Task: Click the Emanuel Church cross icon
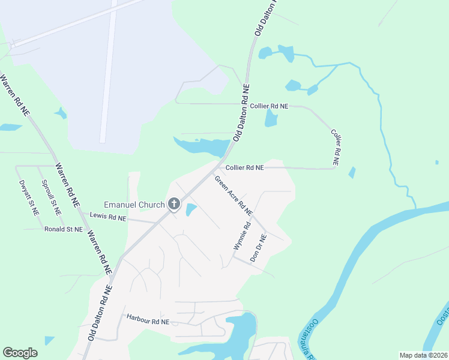pyautogui.click(x=174, y=205)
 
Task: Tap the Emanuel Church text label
pyautogui.click(x=134, y=205)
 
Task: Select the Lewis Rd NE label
pyautogui.click(x=108, y=216)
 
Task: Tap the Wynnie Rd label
pyautogui.click(x=241, y=236)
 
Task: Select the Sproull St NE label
pyautogui.click(x=51, y=198)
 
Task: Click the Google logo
pyautogui.click(x=20, y=353)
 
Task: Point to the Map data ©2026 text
pyautogui.click(x=423, y=355)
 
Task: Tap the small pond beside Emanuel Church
pyautogui.click(x=191, y=210)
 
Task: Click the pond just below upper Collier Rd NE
pyautogui.click(x=271, y=119)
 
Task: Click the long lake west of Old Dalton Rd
pyautogui.click(x=201, y=146)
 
